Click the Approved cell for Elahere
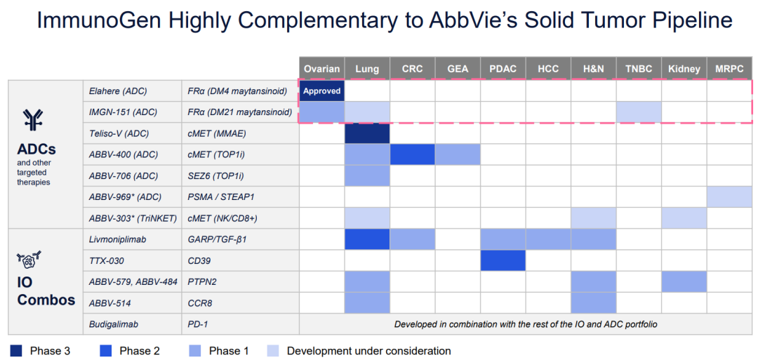point(322,91)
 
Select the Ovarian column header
point(322,69)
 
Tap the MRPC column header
point(729,69)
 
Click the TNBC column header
point(639,69)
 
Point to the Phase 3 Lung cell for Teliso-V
point(367,133)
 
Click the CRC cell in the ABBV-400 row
point(412,154)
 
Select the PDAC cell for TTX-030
point(503,260)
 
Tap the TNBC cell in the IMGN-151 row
point(639,112)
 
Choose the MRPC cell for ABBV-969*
point(729,196)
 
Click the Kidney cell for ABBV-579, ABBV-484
point(684,281)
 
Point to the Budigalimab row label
point(114,324)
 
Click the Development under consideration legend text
point(368,350)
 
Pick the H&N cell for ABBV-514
point(593,302)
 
